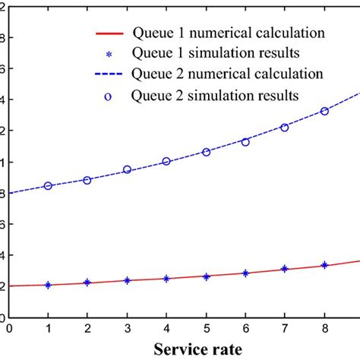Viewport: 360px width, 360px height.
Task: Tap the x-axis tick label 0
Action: tap(8, 328)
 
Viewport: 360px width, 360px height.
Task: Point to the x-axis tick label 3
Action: tap(127, 328)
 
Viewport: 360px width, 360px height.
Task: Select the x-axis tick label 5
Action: tap(206, 328)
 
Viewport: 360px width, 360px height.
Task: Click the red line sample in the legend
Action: tap(115, 34)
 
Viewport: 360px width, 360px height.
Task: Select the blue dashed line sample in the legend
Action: tap(115, 75)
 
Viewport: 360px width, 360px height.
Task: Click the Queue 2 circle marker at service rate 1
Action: tap(48, 185)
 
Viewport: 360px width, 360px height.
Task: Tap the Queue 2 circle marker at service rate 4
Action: tap(166, 161)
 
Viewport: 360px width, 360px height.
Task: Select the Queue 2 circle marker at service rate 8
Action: tap(324, 111)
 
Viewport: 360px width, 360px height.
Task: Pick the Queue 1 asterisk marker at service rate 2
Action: tap(87, 283)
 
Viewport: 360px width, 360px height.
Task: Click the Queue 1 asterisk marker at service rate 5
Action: tap(206, 276)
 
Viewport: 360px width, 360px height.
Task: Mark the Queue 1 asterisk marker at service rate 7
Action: tap(285, 269)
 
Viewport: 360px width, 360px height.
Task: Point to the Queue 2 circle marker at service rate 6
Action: tap(245, 142)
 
